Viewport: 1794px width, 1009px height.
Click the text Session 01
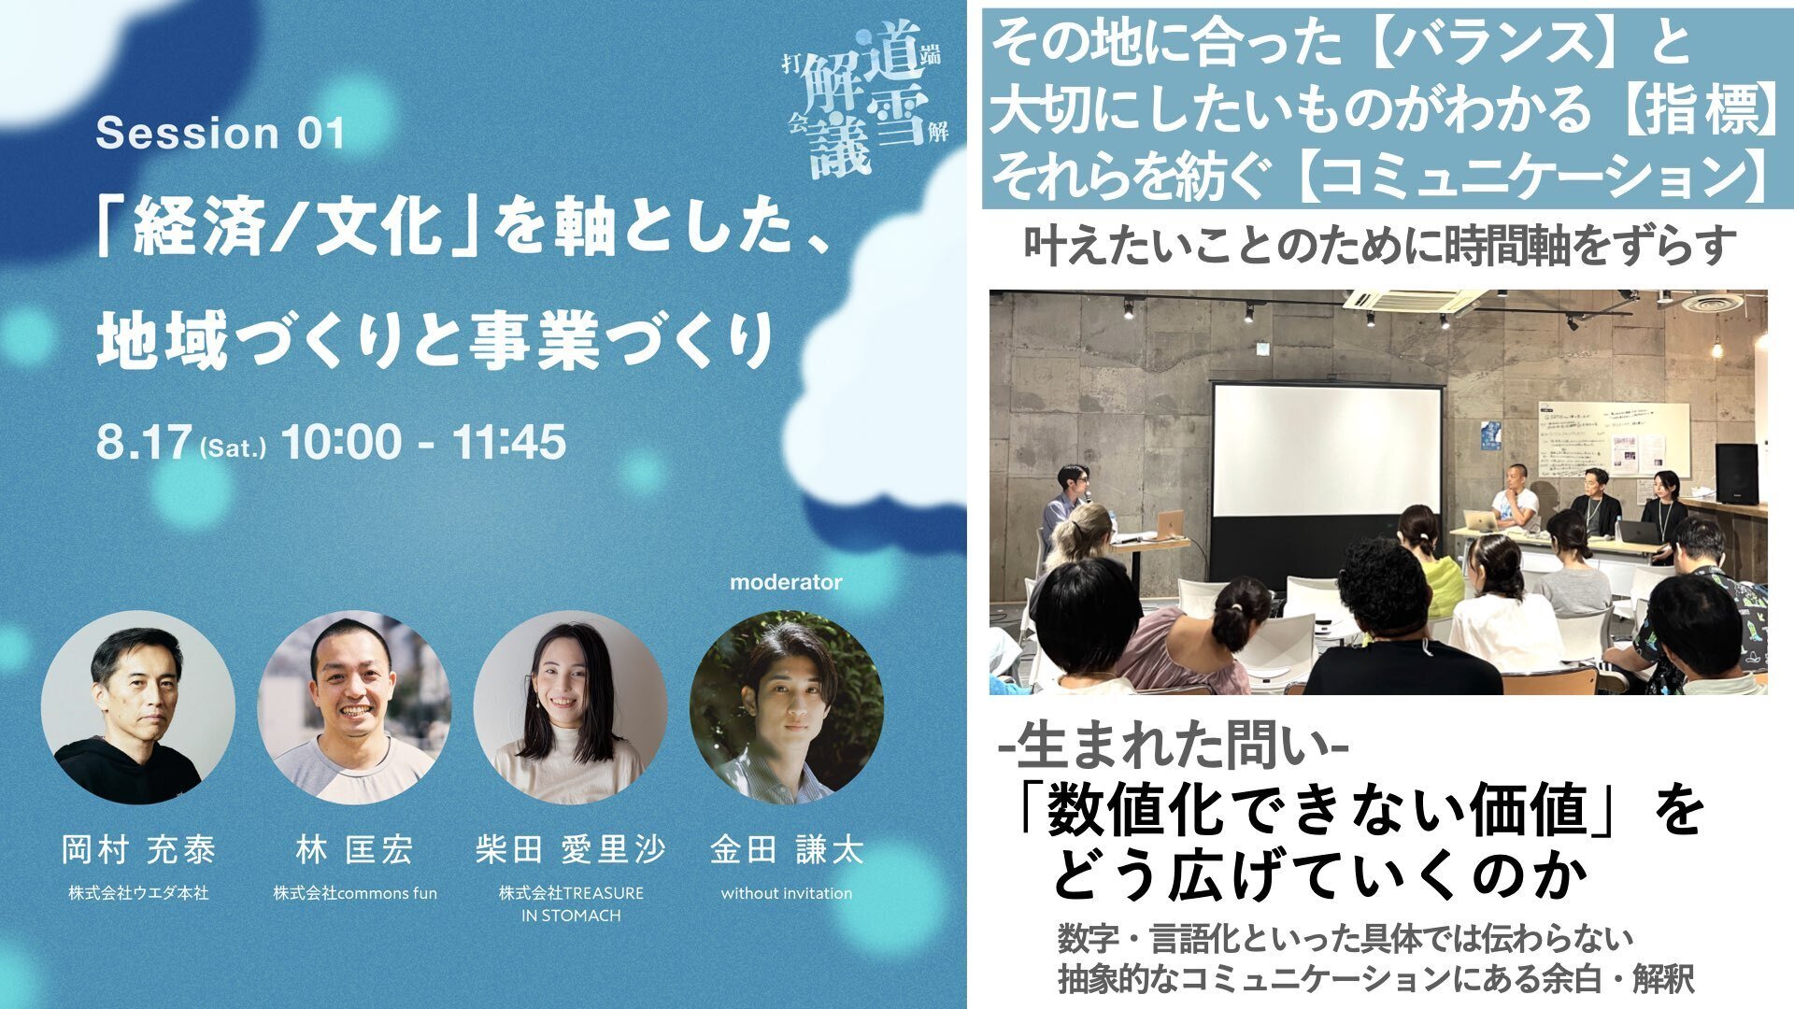tap(221, 134)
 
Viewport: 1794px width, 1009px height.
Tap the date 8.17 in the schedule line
tap(143, 441)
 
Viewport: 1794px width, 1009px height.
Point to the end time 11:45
tap(509, 441)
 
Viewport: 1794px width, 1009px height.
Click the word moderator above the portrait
tap(786, 582)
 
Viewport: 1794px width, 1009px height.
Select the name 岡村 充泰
tap(138, 850)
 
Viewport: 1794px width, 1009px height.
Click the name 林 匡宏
tap(354, 850)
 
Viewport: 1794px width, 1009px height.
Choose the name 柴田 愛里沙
tap(570, 850)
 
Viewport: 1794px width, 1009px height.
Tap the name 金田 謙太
tap(787, 850)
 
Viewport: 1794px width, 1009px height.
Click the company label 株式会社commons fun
tap(355, 893)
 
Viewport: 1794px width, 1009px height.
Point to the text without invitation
tap(787, 893)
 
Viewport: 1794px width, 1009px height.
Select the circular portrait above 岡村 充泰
tap(138, 707)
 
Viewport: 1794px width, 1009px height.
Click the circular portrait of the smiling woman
tap(570, 707)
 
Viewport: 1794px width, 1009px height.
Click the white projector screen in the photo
tap(1327, 449)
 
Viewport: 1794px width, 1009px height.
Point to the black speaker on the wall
tap(1735, 474)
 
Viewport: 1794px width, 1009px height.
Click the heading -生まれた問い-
tap(1173, 746)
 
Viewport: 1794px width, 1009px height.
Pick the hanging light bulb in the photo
tap(1717, 347)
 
